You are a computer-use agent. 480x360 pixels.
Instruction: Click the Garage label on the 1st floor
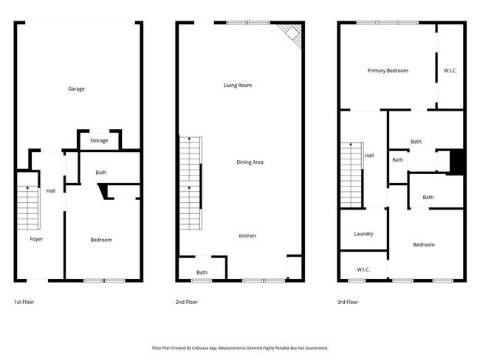point(76,89)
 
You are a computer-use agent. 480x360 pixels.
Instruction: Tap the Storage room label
point(99,140)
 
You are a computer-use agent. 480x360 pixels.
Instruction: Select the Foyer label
point(36,239)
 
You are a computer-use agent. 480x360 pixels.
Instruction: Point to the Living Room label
point(238,86)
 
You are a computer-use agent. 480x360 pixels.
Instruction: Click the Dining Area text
point(250,162)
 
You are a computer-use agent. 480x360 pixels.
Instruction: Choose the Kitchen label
point(247,236)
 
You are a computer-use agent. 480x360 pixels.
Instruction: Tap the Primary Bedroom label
point(388,71)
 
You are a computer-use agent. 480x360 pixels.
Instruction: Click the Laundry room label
point(363,234)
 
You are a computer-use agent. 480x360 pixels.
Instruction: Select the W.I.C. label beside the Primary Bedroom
point(450,71)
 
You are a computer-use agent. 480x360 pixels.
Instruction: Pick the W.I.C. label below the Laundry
point(363,269)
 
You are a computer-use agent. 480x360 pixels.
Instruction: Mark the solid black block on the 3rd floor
point(456,162)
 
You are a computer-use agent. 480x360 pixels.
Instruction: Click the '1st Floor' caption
point(24,302)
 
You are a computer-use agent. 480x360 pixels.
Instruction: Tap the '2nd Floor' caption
point(186,302)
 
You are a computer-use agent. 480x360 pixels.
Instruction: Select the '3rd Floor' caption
point(348,302)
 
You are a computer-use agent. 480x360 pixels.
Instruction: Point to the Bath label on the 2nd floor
point(202,272)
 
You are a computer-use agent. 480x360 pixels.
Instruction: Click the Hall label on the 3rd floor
point(369,156)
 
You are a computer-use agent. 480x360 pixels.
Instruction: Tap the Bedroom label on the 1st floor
point(101,240)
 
